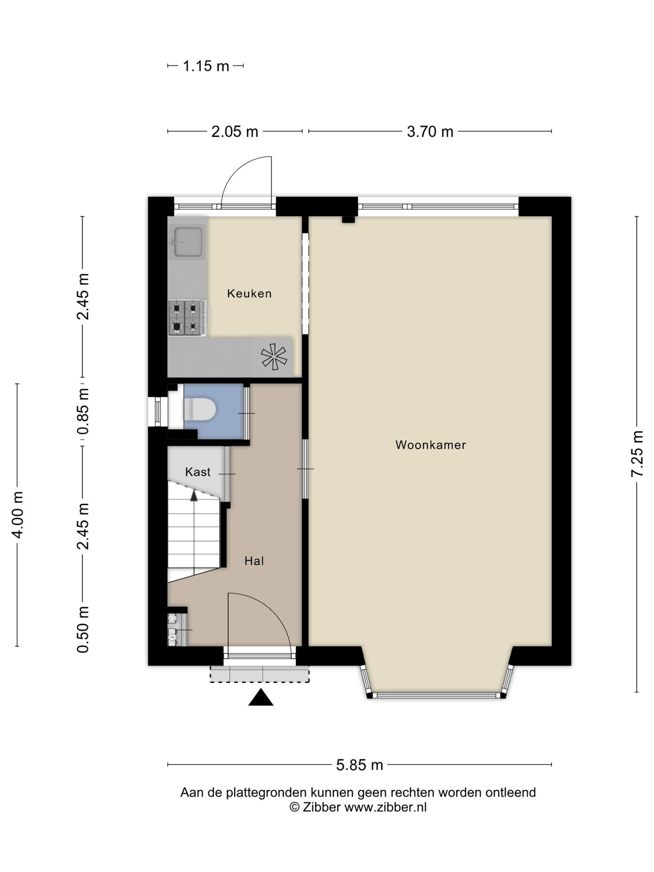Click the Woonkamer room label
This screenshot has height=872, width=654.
pyautogui.click(x=431, y=445)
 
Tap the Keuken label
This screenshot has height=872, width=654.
pyautogui.click(x=249, y=293)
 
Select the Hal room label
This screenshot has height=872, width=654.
pyautogui.click(x=254, y=561)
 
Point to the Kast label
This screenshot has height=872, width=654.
pyautogui.click(x=198, y=472)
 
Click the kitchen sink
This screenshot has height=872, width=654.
pyautogui.click(x=188, y=242)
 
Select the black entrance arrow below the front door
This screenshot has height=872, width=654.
pyautogui.click(x=261, y=697)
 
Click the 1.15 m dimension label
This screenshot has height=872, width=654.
pyautogui.click(x=206, y=66)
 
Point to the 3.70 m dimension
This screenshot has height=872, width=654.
pyautogui.click(x=430, y=132)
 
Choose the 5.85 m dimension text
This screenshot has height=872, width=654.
pyautogui.click(x=359, y=765)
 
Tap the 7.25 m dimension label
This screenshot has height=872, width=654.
pyautogui.click(x=637, y=454)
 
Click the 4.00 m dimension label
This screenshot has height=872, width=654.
pyautogui.click(x=17, y=515)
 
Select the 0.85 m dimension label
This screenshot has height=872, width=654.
pyautogui.click(x=83, y=411)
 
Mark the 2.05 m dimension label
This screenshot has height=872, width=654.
pyautogui.click(x=235, y=132)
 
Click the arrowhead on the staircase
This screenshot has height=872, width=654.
pyautogui.click(x=194, y=495)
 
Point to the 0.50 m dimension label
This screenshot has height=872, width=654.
pyautogui.click(x=83, y=630)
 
